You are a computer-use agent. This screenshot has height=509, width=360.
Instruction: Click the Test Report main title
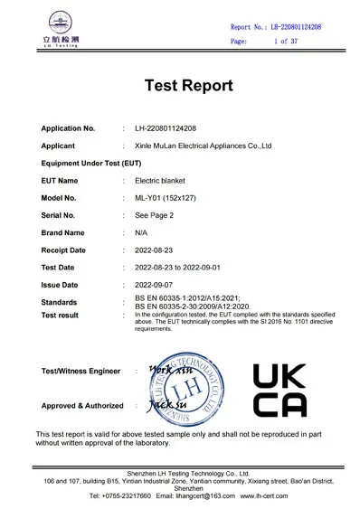point(188,86)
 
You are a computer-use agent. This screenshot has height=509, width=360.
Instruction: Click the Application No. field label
point(69,128)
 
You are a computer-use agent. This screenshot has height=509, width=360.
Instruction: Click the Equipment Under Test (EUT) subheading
point(91,163)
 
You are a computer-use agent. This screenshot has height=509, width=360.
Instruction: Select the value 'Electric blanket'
point(159,180)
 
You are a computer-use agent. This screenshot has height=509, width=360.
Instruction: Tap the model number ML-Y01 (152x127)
point(168,198)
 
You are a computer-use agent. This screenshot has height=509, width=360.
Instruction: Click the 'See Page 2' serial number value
point(155,215)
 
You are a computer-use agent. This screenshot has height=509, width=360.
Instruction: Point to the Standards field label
point(60,302)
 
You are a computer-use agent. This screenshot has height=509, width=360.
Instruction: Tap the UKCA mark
point(279,390)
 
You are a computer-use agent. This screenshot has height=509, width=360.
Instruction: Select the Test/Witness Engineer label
point(81,371)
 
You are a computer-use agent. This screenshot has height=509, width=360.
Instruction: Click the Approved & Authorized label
point(82,406)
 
